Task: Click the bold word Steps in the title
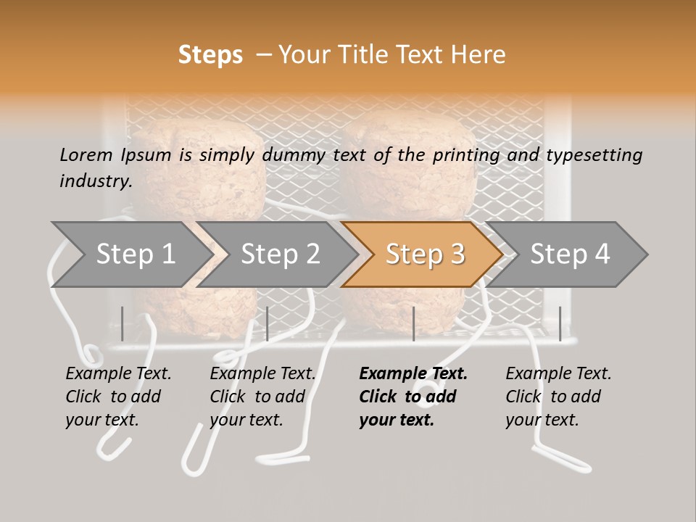click(x=210, y=55)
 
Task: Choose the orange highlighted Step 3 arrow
click(x=425, y=254)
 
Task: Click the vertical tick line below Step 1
click(x=123, y=323)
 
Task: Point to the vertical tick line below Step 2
click(x=268, y=323)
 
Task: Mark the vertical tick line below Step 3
click(x=413, y=323)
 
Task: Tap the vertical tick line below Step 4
click(x=560, y=323)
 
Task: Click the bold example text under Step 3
click(x=413, y=397)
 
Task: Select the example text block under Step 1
click(x=118, y=397)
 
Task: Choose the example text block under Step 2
click(x=262, y=397)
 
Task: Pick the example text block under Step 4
click(x=558, y=397)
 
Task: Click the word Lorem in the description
click(x=86, y=154)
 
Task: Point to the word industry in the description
click(x=96, y=181)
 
